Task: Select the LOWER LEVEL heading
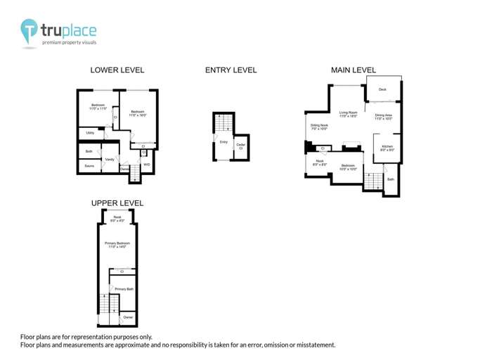(x=117, y=70)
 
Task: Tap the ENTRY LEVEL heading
(x=231, y=70)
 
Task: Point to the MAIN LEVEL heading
(x=353, y=70)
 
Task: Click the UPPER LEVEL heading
(x=117, y=203)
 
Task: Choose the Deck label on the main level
(x=382, y=89)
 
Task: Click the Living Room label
(x=349, y=113)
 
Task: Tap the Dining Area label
(x=383, y=116)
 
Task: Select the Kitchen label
(x=387, y=148)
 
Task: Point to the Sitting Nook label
(x=319, y=127)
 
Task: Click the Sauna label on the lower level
(x=89, y=166)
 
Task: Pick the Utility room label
(x=90, y=132)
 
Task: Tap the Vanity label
(x=110, y=160)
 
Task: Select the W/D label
(x=146, y=165)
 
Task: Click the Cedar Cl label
(x=240, y=146)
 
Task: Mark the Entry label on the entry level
(x=223, y=142)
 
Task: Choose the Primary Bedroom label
(x=118, y=244)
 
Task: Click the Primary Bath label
(x=124, y=289)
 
